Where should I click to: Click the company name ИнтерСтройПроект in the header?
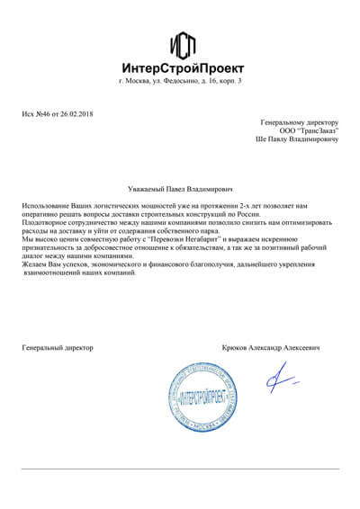point(180,67)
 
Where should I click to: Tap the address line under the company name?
point(180,82)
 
